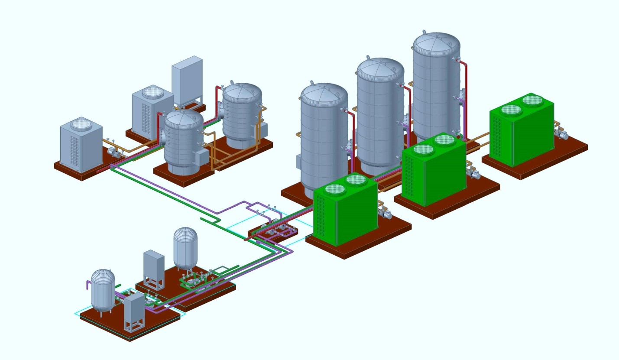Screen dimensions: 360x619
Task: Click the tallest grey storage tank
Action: [435, 87]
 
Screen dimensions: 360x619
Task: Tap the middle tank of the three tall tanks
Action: [380, 113]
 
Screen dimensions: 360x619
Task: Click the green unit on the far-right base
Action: [522, 130]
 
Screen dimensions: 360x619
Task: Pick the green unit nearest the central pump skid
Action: [345, 212]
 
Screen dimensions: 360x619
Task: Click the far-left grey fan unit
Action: [81, 145]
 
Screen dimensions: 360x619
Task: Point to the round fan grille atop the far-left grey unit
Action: [81, 124]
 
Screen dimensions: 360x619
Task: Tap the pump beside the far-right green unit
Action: [561, 135]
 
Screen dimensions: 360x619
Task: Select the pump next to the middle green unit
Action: [473, 174]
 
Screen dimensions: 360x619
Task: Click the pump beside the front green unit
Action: [384, 213]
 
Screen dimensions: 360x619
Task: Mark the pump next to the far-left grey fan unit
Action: [113, 152]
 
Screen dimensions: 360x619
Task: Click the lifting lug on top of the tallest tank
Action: [424, 32]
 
